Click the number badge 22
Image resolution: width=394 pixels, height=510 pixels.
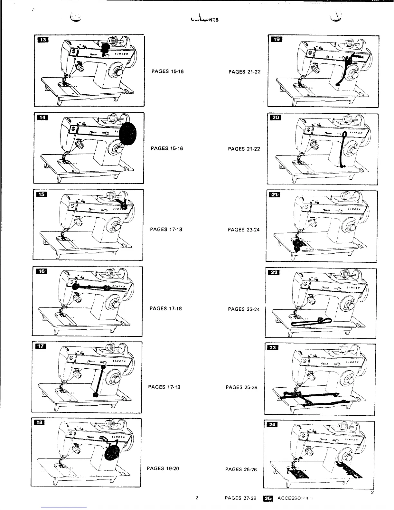click(275, 273)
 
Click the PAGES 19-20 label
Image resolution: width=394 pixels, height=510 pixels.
click(163, 468)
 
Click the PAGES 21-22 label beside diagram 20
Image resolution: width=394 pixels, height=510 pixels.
click(244, 149)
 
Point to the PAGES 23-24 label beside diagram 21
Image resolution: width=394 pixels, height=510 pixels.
click(243, 230)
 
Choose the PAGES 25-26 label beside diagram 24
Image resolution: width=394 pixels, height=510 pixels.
click(241, 469)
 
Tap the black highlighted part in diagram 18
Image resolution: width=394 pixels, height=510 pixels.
click(112, 451)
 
